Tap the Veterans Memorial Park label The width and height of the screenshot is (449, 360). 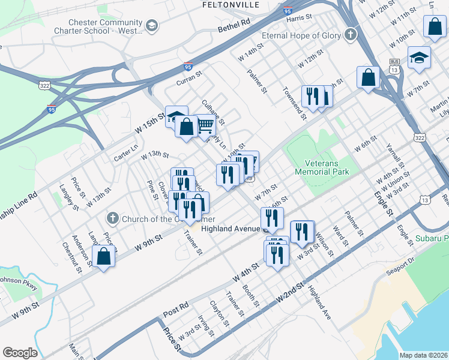pos(322,167)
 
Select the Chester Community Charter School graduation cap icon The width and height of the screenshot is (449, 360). pos(151,26)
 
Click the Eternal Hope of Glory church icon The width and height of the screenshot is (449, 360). pos(350,34)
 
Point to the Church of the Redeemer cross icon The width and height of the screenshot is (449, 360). pos(112,218)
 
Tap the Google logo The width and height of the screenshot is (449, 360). pos(20,353)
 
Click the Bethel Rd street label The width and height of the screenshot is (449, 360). pos(234,26)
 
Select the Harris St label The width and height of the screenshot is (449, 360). pos(300,18)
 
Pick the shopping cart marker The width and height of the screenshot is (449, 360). pos(205,125)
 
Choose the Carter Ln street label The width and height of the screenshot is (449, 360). pos(126,157)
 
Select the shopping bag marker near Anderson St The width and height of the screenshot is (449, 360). pos(104,256)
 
